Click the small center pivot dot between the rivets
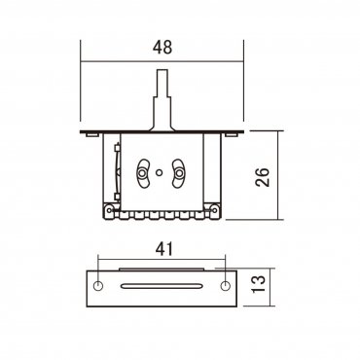pos(162,171)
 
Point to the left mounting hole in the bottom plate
pos(98,285)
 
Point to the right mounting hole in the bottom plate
pos(226,285)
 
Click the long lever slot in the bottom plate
pos(162,285)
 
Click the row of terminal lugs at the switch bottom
pos(162,212)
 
